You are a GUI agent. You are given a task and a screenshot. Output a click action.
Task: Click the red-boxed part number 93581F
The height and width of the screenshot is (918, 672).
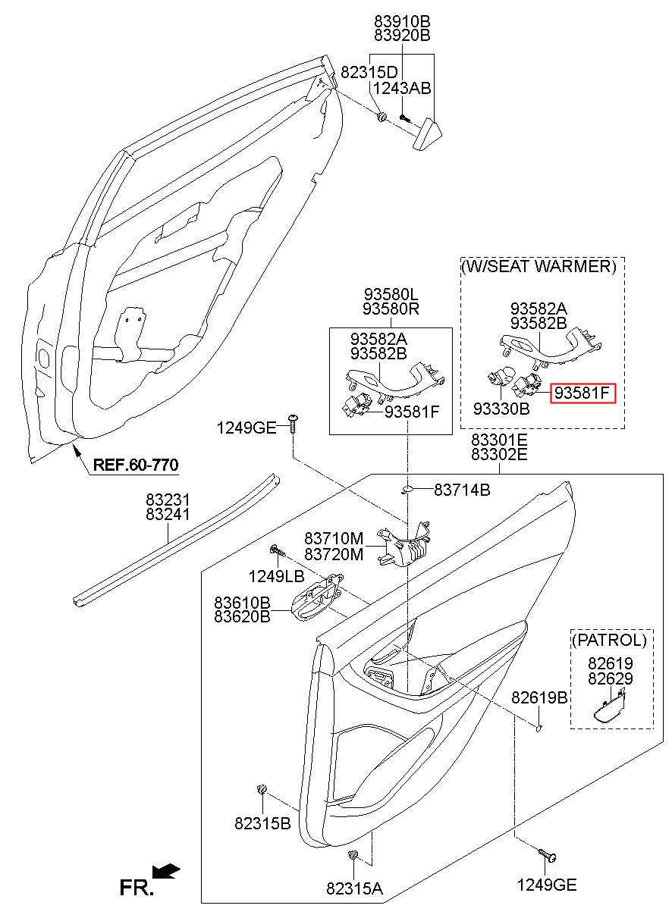[583, 393]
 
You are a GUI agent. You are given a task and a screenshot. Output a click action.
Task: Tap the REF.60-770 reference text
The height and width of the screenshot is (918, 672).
[136, 465]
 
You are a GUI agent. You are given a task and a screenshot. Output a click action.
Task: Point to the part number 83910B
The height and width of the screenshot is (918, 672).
[402, 21]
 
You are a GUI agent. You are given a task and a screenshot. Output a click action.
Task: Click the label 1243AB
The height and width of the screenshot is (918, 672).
[402, 88]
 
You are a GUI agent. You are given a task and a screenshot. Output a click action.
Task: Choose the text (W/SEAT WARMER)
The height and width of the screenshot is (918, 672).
[539, 267]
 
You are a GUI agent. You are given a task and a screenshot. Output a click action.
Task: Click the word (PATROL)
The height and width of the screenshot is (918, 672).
[609, 640]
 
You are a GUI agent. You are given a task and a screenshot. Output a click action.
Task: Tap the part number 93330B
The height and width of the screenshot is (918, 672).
[501, 408]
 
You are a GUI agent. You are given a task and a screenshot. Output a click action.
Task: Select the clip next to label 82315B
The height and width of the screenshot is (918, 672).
[261, 789]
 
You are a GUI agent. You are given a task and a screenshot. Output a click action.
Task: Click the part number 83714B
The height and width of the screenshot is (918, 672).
[462, 490]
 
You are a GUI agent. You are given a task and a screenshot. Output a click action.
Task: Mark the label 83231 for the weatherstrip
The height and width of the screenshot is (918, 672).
[168, 500]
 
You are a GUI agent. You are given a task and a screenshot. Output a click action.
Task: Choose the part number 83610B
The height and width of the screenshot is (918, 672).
[242, 603]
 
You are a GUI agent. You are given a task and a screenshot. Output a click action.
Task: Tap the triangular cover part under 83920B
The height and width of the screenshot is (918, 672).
[427, 134]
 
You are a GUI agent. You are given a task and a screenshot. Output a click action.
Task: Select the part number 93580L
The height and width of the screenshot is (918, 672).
[391, 294]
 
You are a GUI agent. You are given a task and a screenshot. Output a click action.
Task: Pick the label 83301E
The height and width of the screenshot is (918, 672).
[499, 440]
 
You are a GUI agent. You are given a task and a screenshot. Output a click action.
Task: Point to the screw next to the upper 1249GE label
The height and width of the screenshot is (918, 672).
[294, 425]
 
